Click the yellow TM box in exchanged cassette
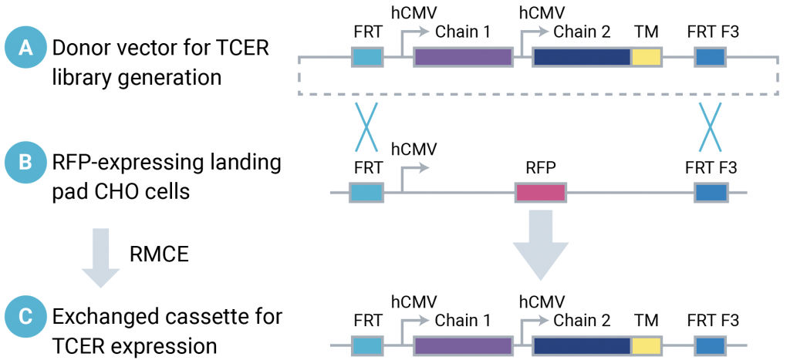tap(646, 346)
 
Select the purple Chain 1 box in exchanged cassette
tap(463, 346)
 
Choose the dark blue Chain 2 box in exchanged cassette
tap(582, 346)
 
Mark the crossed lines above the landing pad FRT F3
tap(709, 128)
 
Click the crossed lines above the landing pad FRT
tap(366, 128)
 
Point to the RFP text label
tap(539, 166)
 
